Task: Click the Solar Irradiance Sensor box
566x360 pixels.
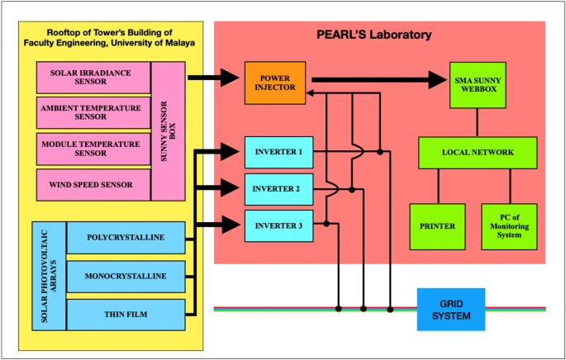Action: pos(93,77)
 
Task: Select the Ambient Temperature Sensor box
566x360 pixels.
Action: pos(93,112)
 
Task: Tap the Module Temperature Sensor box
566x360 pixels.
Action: pos(93,149)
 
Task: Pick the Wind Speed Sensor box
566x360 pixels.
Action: pos(93,184)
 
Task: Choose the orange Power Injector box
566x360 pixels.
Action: pos(269,83)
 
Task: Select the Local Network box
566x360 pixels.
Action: pos(478,153)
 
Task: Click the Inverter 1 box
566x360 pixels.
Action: pos(278,152)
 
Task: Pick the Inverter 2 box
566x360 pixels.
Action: pos(278,189)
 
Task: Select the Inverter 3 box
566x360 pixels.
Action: pos(278,225)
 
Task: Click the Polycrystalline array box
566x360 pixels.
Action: pos(124,239)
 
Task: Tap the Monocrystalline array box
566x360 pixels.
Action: pos(124,276)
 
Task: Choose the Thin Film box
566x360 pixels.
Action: pos(124,314)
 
